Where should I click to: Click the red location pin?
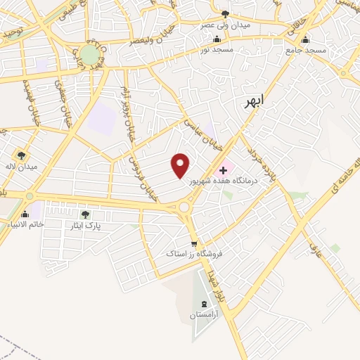181,165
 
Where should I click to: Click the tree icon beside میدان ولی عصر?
225,13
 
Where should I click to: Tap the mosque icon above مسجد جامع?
305,39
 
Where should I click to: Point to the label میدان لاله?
23,167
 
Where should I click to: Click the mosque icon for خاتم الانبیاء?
25,214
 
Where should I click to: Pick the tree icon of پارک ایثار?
85,214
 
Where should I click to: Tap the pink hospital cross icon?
224,169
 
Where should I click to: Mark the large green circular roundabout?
90,55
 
